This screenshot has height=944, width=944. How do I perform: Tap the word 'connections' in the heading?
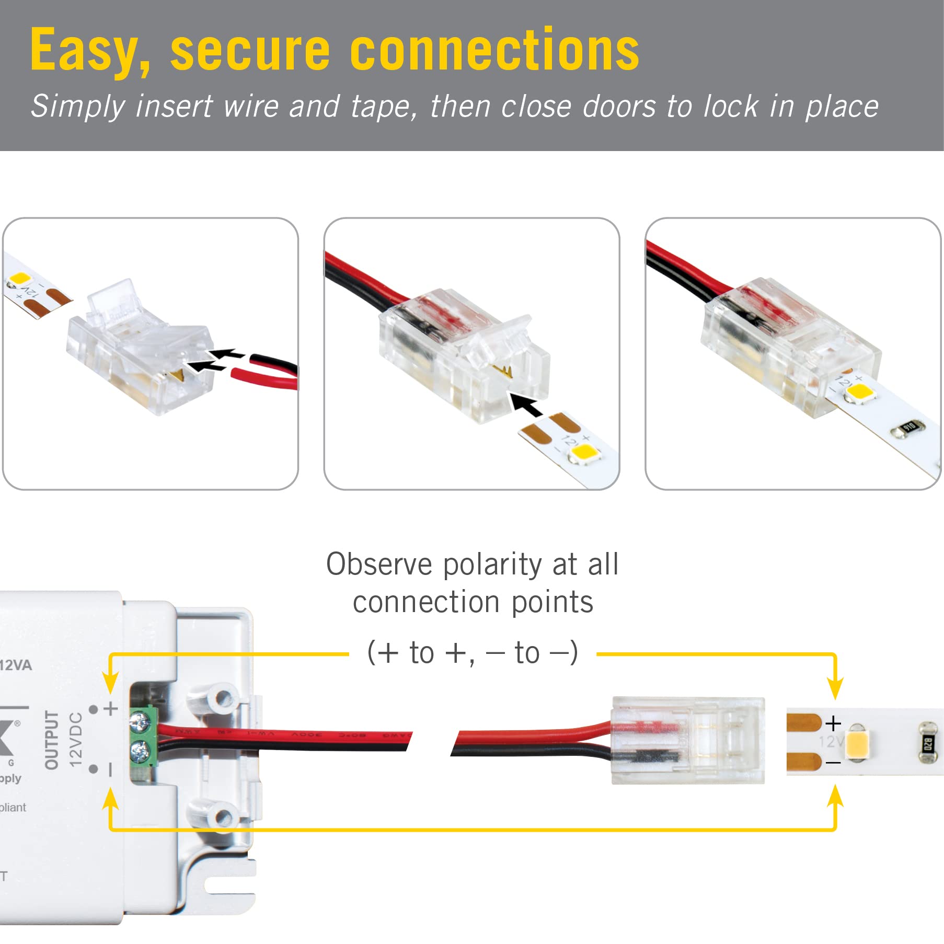tap(494, 50)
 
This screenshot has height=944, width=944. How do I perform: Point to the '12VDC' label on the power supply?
tap(76, 739)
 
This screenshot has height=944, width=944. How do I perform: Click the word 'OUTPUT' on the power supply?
tap(51, 739)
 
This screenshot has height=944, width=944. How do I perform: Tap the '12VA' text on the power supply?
tap(16, 665)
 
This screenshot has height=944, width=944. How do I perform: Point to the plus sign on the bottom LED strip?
tap(833, 723)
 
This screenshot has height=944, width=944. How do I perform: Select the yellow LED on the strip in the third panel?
tap(861, 392)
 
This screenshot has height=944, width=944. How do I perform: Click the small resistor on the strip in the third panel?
tap(908, 428)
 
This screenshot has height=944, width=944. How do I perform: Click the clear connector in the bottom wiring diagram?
tap(688, 740)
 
